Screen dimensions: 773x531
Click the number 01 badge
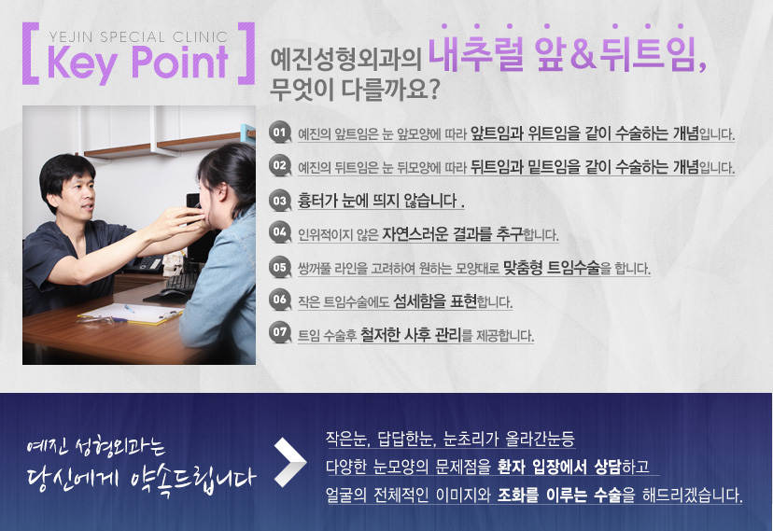tap(279, 133)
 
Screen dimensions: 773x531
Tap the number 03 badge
tap(279, 201)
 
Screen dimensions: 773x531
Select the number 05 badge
tap(279, 267)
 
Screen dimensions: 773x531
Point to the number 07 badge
tap(279, 332)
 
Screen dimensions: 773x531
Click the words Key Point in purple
tap(138, 64)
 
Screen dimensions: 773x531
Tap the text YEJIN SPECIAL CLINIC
tap(138, 37)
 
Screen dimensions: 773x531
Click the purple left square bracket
tap(31, 53)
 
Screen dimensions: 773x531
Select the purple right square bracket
tap(246, 53)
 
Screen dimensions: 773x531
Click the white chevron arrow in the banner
tap(291, 462)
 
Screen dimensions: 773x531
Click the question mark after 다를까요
tap(433, 91)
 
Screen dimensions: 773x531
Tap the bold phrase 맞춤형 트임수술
tap(552, 268)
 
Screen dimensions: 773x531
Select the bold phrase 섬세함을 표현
tap(435, 300)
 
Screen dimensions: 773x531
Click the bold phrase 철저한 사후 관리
tap(410, 334)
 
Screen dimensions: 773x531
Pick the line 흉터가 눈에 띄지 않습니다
tap(381, 201)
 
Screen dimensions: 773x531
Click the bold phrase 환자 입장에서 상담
tap(559, 466)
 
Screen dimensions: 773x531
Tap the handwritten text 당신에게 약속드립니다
tap(142, 479)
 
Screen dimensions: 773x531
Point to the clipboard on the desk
tap(131, 313)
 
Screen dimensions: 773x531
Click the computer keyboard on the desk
tap(181, 282)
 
